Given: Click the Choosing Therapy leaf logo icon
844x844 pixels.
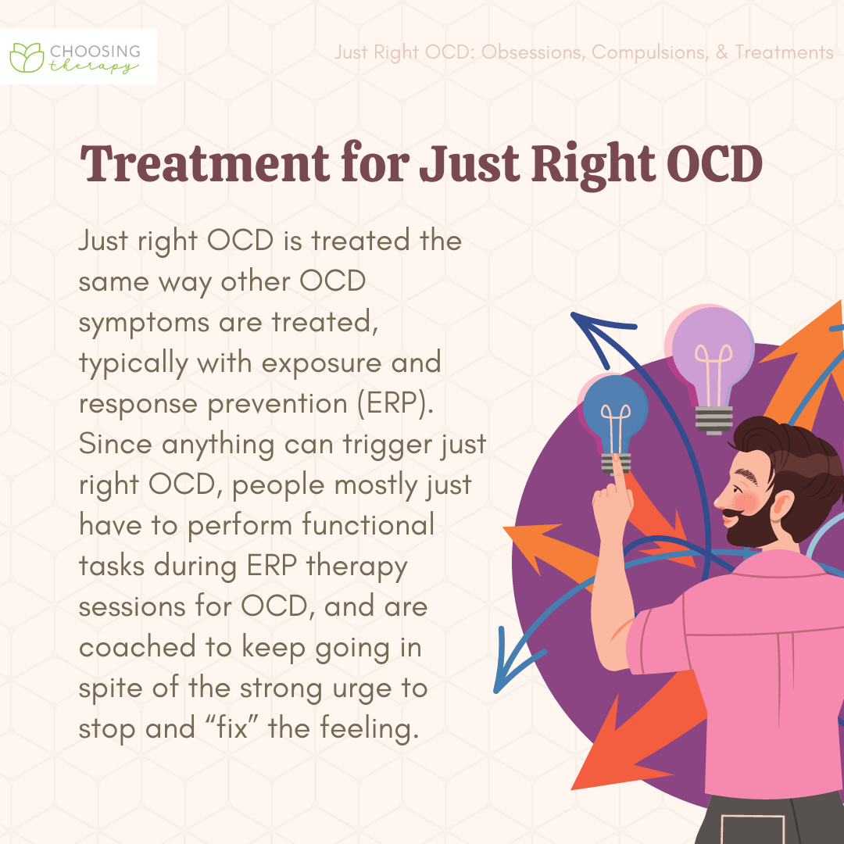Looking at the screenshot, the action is (27, 58).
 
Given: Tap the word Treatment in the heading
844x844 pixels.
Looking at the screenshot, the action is (205, 163).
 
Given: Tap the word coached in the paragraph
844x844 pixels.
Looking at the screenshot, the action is (137, 646).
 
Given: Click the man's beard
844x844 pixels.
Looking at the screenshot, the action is (753, 524).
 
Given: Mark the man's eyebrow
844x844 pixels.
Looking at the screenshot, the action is (746, 474).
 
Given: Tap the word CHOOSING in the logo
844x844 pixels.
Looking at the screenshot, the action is (95, 52).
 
